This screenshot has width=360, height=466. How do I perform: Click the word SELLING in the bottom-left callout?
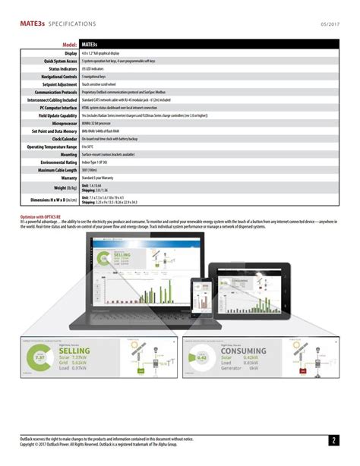tap(75, 351)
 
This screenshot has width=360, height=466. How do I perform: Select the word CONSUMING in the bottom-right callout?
tap(248, 351)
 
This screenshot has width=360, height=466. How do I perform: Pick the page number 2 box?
tap(333, 439)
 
